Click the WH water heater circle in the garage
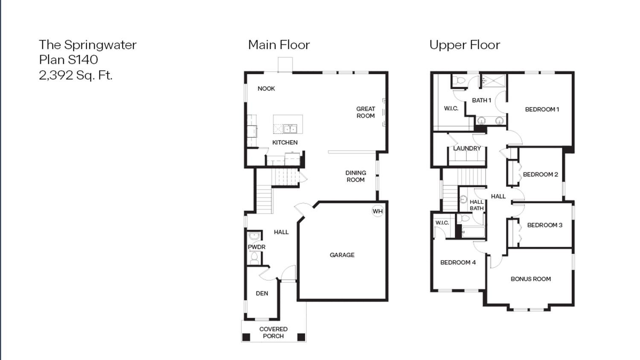(x=378, y=211)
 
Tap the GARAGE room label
(x=342, y=255)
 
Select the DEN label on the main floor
(x=262, y=293)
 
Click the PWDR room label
(x=256, y=247)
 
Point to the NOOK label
(x=266, y=89)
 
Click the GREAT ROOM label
(x=366, y=112)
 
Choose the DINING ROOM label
(x=355, y=176)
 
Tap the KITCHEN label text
(x=285, y=142)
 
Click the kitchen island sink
(x=290, y=128)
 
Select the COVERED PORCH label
(x=273, y=333)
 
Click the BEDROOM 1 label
(x=542, y=110)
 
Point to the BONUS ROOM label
(x=530, y=279)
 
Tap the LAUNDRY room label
(x=467, y=148)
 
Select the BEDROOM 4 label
(x=458, y=262)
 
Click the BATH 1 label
(x=481, y=100)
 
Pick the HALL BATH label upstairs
(x=477, y=205)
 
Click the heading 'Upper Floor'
(x=464, y=45)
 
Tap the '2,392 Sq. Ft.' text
(x=76, y=75)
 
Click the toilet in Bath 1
(x=460, y=81)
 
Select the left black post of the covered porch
(x=246, y=337)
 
